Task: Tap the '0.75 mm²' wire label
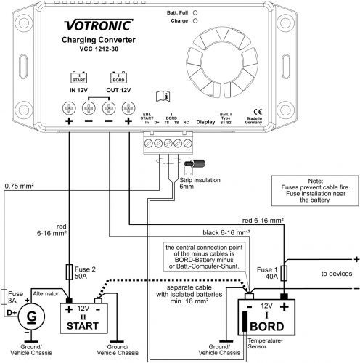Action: coord(20,185)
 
